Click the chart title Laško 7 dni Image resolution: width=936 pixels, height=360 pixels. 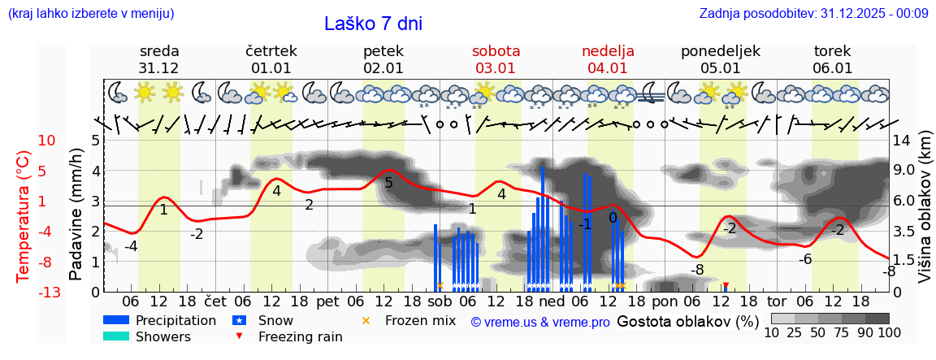coord(373,24)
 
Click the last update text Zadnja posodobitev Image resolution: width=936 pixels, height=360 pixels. coord(813,13)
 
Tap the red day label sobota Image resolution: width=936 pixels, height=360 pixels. coord(496,51)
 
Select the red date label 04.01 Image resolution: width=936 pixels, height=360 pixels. coord(608,68)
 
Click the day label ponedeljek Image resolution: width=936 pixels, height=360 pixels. coord(720,51)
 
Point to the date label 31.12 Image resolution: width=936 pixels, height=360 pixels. coord(158,68)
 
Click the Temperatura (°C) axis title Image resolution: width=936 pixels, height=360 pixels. coord(23,216)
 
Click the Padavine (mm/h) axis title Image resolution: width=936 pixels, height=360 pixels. coord(76,215)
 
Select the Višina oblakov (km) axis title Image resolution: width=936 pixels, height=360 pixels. coord(925,215)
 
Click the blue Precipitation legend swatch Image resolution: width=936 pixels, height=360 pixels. coord(116,320)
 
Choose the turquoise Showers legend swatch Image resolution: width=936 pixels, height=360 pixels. coord(116,336)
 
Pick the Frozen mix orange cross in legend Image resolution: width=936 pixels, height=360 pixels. coord(366,320)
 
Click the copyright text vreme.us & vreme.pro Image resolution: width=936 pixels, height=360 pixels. coord(540,322)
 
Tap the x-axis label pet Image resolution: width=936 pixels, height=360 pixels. coord(327,301)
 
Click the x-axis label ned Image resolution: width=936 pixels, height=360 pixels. coord(552,301)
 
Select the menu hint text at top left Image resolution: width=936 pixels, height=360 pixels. coord(90,13)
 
